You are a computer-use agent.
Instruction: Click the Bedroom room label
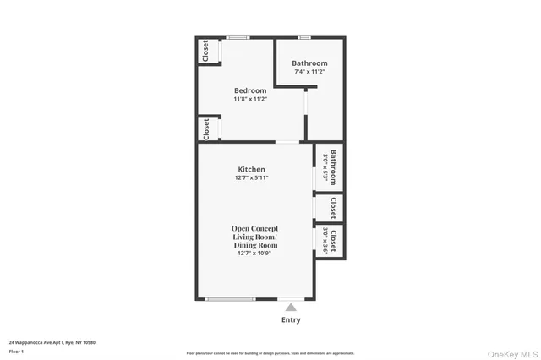coord(250,90)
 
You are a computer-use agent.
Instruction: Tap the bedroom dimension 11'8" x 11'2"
coord(250,99)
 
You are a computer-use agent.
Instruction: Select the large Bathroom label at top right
coord(309,63)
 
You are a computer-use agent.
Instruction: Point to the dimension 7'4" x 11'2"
coord(309,72)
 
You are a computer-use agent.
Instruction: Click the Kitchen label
coord(251,169)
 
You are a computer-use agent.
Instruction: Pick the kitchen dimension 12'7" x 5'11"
coord(251,177)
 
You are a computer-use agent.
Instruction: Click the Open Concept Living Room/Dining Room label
coord(254,237)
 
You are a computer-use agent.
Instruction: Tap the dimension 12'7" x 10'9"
coord(254,253)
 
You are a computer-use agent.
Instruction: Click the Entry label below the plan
coord(290,320)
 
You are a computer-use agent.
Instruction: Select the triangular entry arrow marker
coord(290,307)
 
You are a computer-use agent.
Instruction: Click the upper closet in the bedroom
coord(205,51)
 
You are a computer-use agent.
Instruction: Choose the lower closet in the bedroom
coord(205,128)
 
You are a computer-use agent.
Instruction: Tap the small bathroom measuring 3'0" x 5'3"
coord(331,166)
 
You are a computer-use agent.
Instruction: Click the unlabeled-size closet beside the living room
coord(333,207)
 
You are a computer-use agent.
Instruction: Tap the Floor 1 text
coord(17,351)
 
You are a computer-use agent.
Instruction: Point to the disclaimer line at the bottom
coord(270,353)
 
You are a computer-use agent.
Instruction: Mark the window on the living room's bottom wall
coord(231,299)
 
